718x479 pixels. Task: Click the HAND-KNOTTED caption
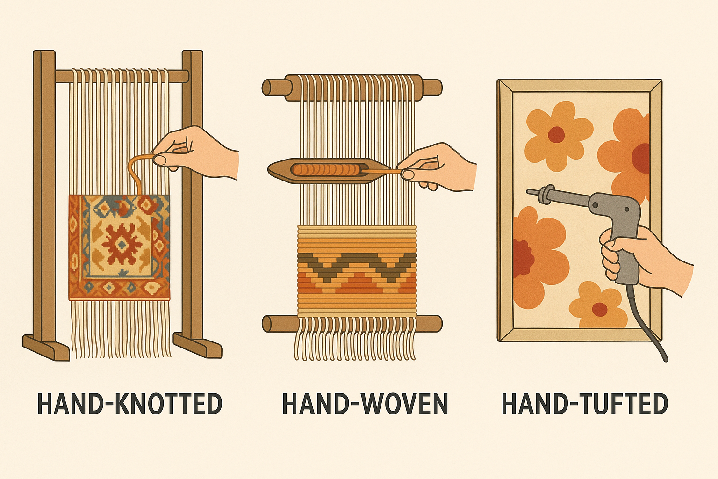point(130,403)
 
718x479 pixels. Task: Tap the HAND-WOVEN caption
point(365,403)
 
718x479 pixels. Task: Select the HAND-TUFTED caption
point(585,403)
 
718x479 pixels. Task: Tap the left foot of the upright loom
point(46,348)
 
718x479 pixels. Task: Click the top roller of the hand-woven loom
point(352,86)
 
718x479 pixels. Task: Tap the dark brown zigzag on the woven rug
point(357,266)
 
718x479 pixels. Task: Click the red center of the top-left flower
point(556,134)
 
